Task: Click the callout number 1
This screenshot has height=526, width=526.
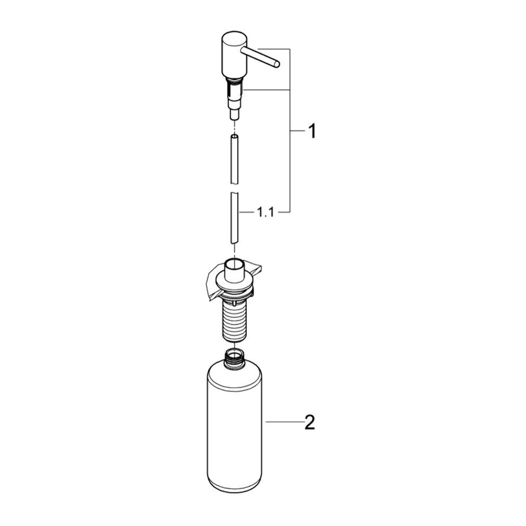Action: click(312, 131)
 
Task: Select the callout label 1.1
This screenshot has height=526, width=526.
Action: click(265, 212)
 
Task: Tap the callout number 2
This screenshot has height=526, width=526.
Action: click(309, 423)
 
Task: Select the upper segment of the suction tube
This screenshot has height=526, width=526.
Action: click(234, 159)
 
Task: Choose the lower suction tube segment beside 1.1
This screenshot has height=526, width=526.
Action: click(234, 218)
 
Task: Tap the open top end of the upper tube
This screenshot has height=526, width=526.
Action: click(234, 136)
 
